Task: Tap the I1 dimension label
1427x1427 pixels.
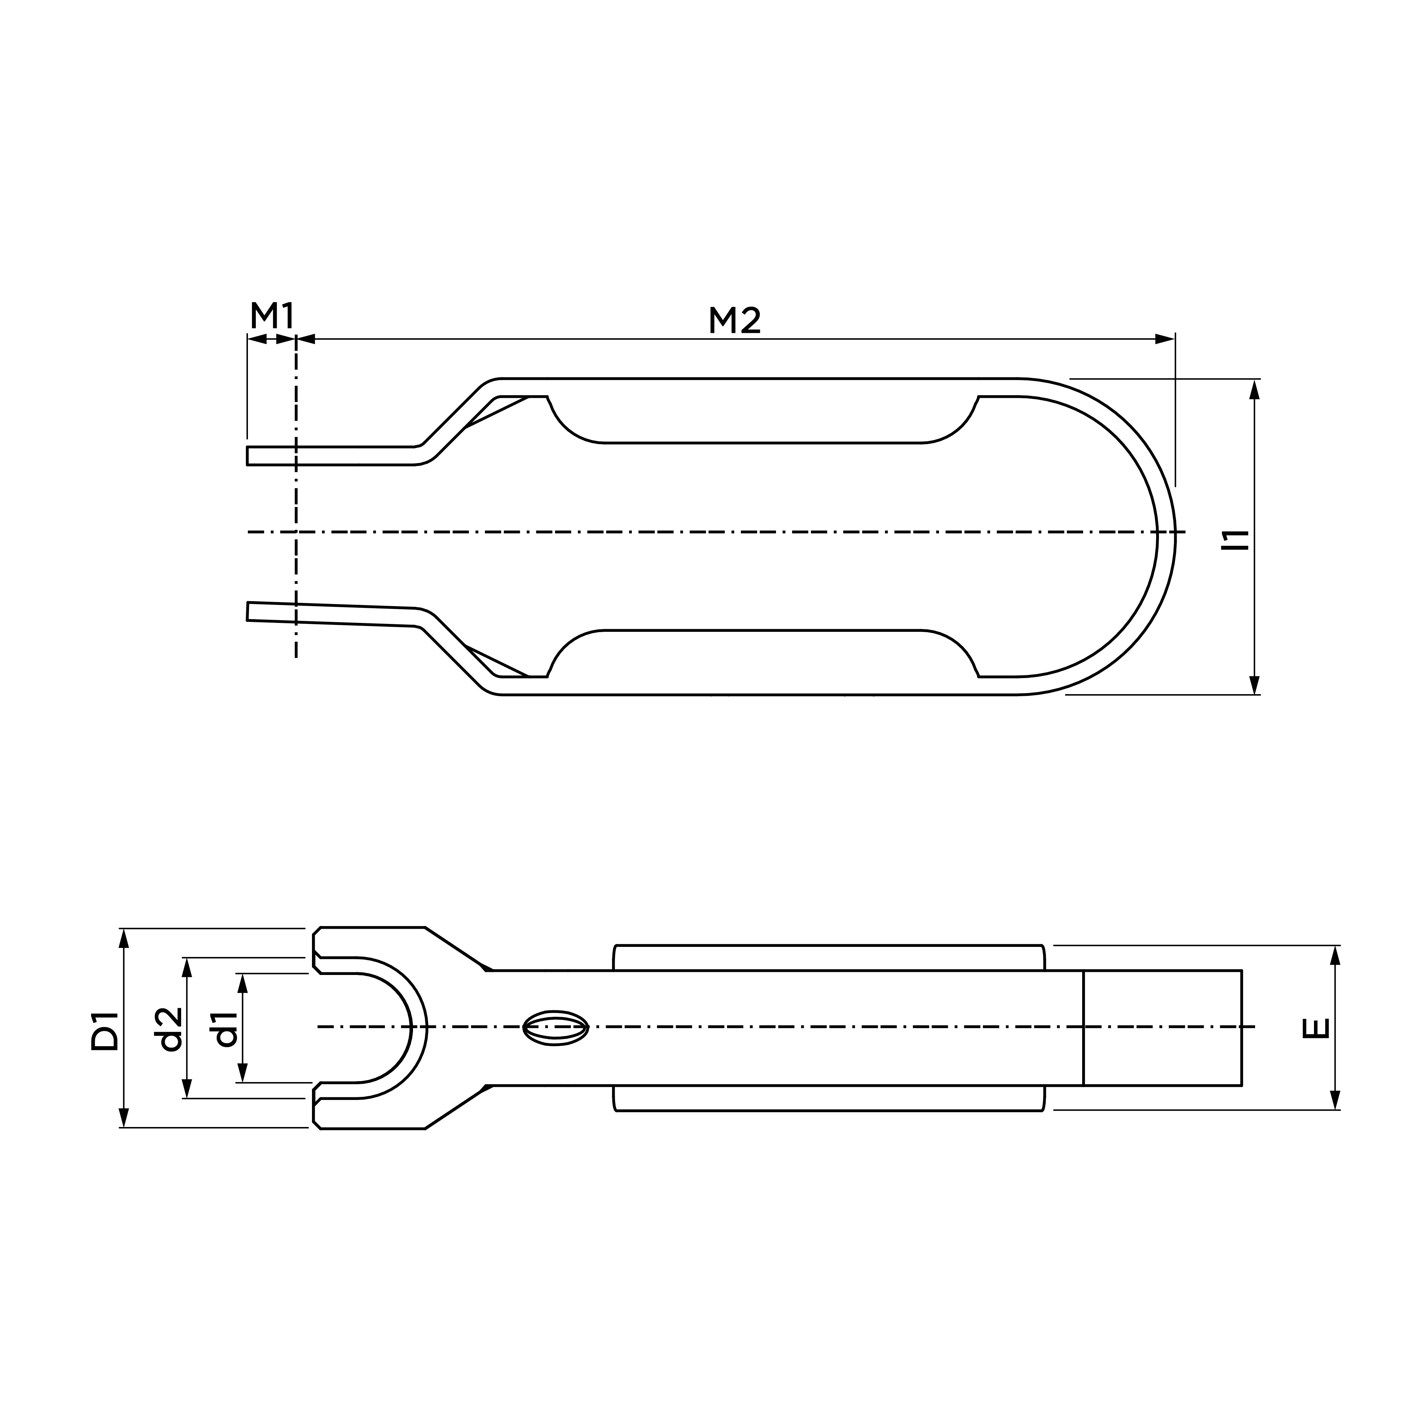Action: click(x=1234, y=540)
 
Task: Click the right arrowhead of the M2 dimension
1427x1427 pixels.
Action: click(x=1165, y=339)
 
